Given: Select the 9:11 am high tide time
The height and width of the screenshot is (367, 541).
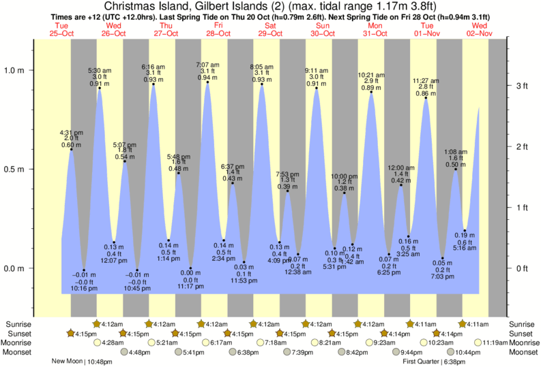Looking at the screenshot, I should click(x=317, y=69).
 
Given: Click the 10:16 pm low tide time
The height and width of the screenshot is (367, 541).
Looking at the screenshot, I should click(x=84, y=289).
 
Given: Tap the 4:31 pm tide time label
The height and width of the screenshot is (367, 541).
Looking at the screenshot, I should click(x=71, y=132).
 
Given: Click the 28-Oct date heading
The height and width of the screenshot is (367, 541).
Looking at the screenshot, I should click(x=218, y=33).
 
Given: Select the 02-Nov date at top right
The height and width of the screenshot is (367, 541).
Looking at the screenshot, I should click(x=480, y=33).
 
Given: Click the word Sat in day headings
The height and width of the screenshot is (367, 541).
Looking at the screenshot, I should click(x=270, y=27).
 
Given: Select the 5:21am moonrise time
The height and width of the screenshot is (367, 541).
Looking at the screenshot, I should click(x=167, y=342).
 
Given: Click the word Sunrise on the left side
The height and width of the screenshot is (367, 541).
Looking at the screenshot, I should click(x=18, y=323).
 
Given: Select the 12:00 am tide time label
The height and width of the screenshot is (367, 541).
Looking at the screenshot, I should click(x=401, y=167).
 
